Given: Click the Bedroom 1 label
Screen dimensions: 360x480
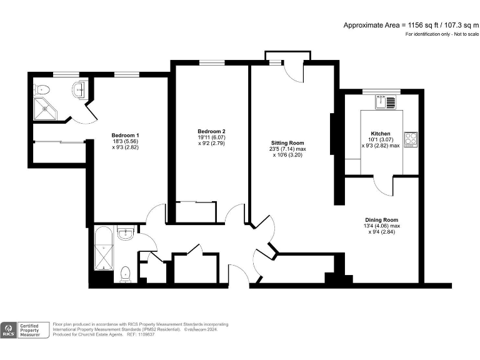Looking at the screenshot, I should (x=125, y=136).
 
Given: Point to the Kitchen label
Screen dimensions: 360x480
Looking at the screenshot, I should (x=381, y=134).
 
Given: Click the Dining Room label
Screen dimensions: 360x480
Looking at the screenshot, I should (x=382, y=219).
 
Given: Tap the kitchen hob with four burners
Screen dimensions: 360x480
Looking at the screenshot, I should (x=411, y=138).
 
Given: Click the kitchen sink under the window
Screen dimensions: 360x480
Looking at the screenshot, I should (x=390, y=101).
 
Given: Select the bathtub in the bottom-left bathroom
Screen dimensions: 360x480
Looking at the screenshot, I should (x=101, y=248).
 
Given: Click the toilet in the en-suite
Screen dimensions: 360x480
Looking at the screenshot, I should (x=39, y=88).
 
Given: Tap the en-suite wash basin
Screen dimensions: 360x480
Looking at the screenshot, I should (x=79, y=89).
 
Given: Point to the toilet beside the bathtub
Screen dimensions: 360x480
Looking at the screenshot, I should (x=125, y=272).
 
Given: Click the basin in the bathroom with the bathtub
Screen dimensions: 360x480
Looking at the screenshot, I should (x=126, y=234).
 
